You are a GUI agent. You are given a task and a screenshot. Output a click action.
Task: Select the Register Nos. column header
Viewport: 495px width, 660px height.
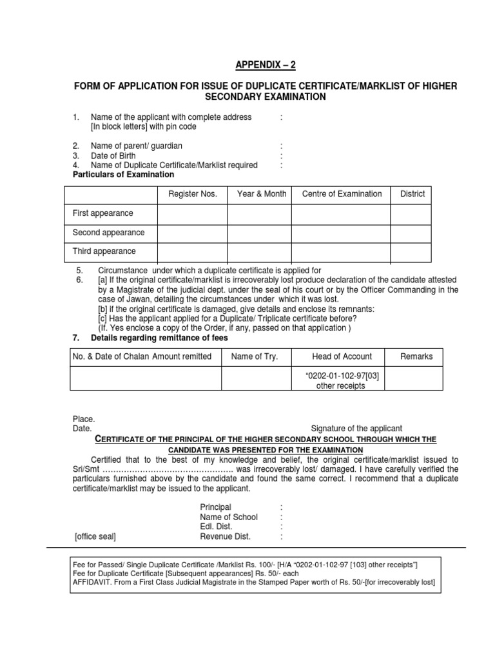193,194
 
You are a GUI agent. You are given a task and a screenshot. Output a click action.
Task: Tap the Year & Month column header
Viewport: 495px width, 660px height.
262,194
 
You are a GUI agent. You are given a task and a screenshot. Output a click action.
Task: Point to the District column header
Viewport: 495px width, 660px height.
412,194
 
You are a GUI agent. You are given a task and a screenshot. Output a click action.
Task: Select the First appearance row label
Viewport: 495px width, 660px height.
102,213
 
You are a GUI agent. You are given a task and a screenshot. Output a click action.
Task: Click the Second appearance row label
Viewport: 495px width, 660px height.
108,232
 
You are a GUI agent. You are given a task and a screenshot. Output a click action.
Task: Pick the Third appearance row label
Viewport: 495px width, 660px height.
104,251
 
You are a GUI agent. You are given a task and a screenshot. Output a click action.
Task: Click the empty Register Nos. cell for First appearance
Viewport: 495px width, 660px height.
193,213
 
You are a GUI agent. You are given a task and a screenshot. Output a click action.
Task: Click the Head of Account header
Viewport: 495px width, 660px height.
342,356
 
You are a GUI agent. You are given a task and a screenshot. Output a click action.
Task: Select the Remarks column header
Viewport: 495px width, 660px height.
416,356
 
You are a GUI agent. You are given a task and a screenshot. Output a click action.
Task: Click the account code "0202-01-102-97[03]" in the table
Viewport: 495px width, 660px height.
342,376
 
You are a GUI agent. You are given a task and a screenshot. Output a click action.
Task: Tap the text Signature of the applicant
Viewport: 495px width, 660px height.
356,428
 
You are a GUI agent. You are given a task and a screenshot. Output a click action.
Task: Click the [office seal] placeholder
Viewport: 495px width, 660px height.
95,536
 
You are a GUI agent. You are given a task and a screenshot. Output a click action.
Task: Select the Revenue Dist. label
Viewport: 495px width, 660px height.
225,536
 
